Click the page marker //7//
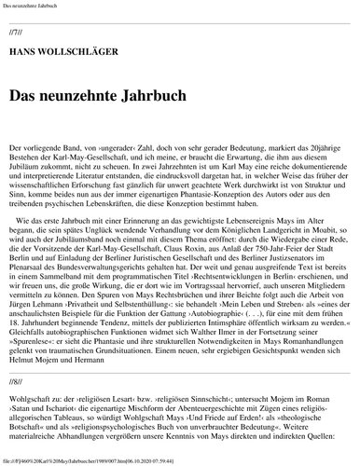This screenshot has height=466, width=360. (16, 32)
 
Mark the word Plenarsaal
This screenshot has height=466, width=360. (26, 278)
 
